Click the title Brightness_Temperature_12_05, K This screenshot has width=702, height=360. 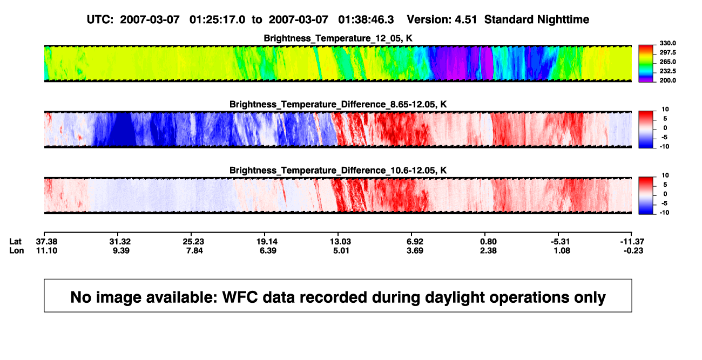[338, 38]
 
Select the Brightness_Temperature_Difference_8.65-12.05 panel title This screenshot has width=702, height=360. [338, 104]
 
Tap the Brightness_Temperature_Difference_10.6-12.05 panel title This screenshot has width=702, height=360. [338, 171]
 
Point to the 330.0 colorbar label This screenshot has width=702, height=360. [667, 43]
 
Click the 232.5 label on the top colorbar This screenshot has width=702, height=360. [667, 71]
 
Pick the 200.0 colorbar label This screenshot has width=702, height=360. [667, 80]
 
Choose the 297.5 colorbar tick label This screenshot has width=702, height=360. [667, 53]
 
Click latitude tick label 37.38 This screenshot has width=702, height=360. [46, 242]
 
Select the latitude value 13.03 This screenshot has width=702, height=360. [340, 242]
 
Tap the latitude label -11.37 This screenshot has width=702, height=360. [632, 242]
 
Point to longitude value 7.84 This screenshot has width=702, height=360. [194, 250]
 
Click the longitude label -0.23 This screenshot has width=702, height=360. [633, 250]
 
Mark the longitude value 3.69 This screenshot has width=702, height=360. [415, 250]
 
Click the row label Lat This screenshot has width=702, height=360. [15, 242]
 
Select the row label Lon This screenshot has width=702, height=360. [17, 250]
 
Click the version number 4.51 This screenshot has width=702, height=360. [465, 20]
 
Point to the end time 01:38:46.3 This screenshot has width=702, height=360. [366, 20]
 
